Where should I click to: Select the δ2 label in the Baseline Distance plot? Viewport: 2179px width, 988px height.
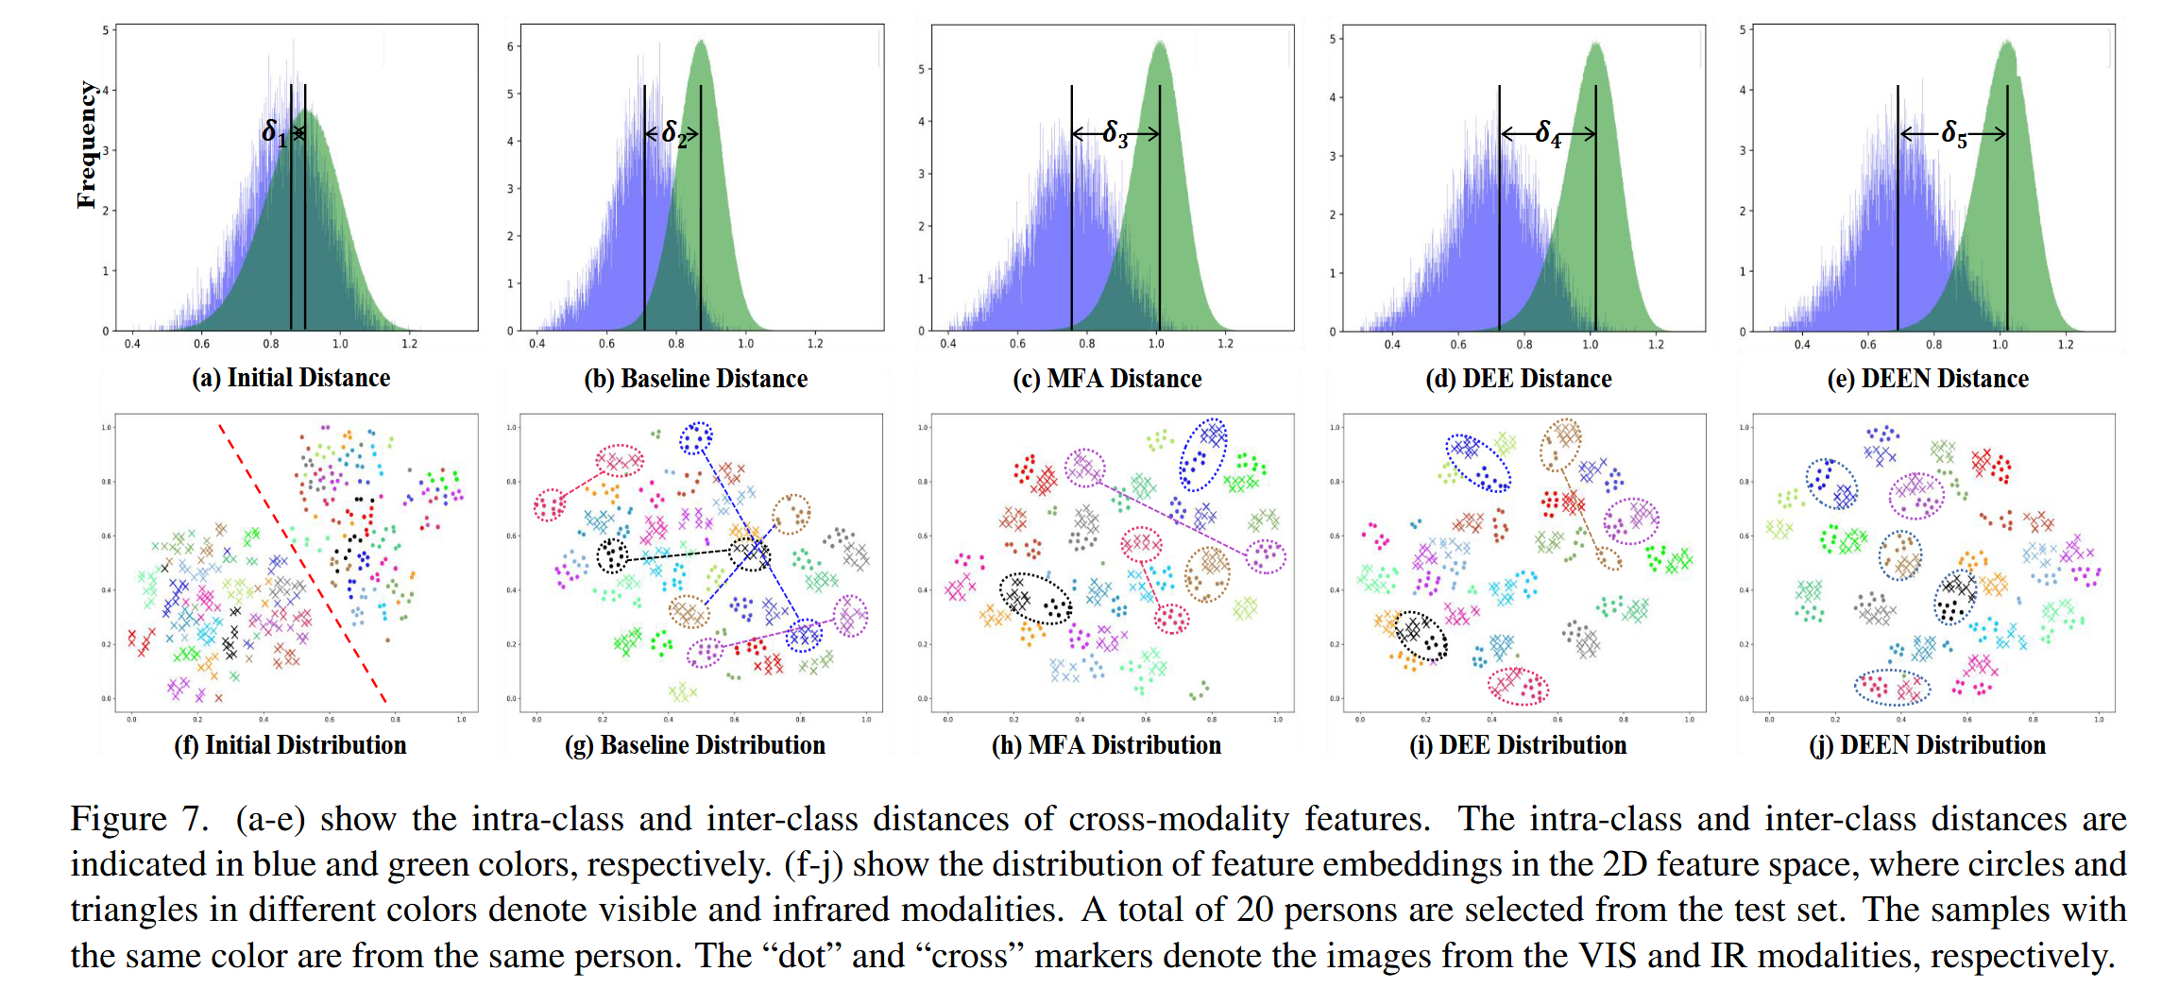(x=673, y=133)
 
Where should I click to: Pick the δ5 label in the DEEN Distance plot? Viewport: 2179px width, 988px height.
(x=1953, y=134)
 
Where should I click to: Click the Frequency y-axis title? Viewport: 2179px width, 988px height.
(x=87, y=145)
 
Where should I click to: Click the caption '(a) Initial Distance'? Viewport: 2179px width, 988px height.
(x=291, y=378)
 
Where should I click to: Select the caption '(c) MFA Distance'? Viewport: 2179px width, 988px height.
(x=1107, y=379)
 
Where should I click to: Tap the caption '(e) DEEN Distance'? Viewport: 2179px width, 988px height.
(x=1928, y=379)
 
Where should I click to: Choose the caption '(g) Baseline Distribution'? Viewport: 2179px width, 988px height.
(x=695, y=745)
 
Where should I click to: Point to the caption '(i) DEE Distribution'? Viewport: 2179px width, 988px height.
(x=1518, y=745)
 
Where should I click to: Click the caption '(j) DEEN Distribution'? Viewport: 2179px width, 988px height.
(x=1928, y=745)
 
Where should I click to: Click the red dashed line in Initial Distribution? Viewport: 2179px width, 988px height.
(x=302, y=563)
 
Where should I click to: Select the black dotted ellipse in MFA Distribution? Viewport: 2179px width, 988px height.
(x=1036, y=598)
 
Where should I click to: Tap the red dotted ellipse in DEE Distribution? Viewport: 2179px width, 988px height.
(x=1519, y=687)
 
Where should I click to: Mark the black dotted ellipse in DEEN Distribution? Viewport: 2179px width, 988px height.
(x=1954, y=597)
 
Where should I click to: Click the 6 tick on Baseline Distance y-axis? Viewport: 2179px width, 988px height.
(x=510, y=46)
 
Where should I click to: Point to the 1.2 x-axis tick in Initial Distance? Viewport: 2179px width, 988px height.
(x=409, y=344)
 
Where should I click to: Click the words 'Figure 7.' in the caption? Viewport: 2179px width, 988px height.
(x=139, y=818)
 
